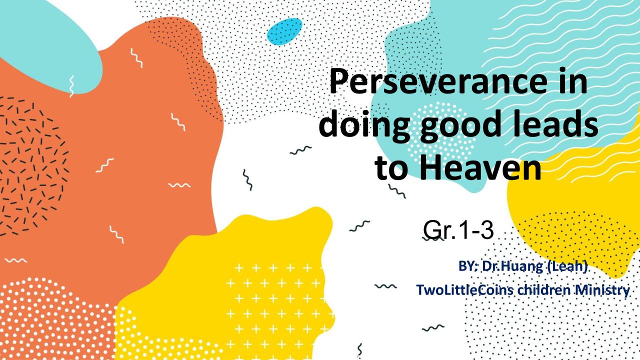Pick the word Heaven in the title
480,168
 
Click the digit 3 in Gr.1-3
486,230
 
